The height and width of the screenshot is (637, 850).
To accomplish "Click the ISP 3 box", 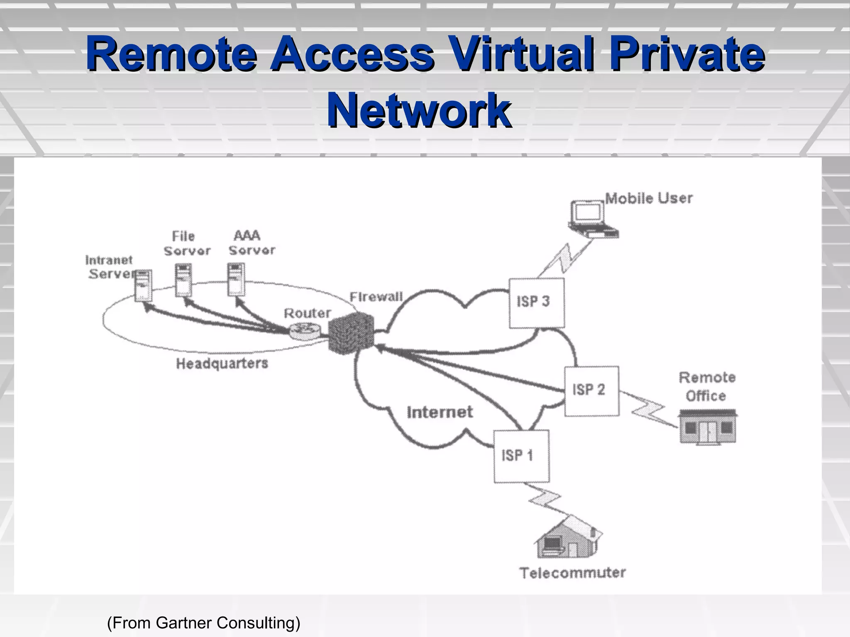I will pos(536,303).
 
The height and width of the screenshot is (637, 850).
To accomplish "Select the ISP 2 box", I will pos(591,391).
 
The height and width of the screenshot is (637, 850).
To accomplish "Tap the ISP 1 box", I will pos(521,456).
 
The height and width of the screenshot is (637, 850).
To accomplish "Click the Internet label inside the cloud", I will pos(440,412).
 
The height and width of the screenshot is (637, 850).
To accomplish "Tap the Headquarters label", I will pos(222,364).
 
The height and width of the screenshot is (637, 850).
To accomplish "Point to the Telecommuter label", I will pos(572,573).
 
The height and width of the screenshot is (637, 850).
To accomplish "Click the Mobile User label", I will pos(649,198).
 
